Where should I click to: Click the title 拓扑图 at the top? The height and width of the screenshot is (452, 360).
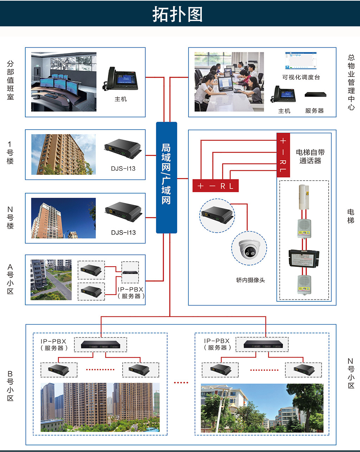pos(178,14)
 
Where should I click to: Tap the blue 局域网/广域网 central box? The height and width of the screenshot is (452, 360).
pos(166,177)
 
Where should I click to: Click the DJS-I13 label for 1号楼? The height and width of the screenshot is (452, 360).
pos(123,169)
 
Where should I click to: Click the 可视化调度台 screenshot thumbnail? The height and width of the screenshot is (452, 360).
pos(301,61)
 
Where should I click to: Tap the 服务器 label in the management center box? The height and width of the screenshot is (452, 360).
pos(314,111)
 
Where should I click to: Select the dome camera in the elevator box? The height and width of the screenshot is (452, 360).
pos(249,249)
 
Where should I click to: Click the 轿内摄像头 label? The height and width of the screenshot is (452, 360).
pos(250,280)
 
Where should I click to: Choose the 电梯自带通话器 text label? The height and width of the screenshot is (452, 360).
pos(310,156)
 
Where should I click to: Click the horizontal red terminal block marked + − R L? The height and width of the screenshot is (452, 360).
pos(216,186)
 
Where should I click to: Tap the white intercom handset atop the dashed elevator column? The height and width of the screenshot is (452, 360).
pos(304,197)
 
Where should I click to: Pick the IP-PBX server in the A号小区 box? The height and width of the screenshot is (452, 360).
pos(130,271)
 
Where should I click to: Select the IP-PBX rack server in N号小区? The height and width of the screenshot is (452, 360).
pos(262,344)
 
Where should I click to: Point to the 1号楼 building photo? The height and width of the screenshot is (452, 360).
pos(63,155)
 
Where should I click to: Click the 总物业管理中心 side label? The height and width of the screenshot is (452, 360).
pos(351,82)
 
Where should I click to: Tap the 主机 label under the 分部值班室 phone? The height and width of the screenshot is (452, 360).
pos(121,99)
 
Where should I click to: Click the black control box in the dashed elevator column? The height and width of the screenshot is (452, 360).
pos(304,258)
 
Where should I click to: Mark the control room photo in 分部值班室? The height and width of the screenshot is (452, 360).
pos(64,82)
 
